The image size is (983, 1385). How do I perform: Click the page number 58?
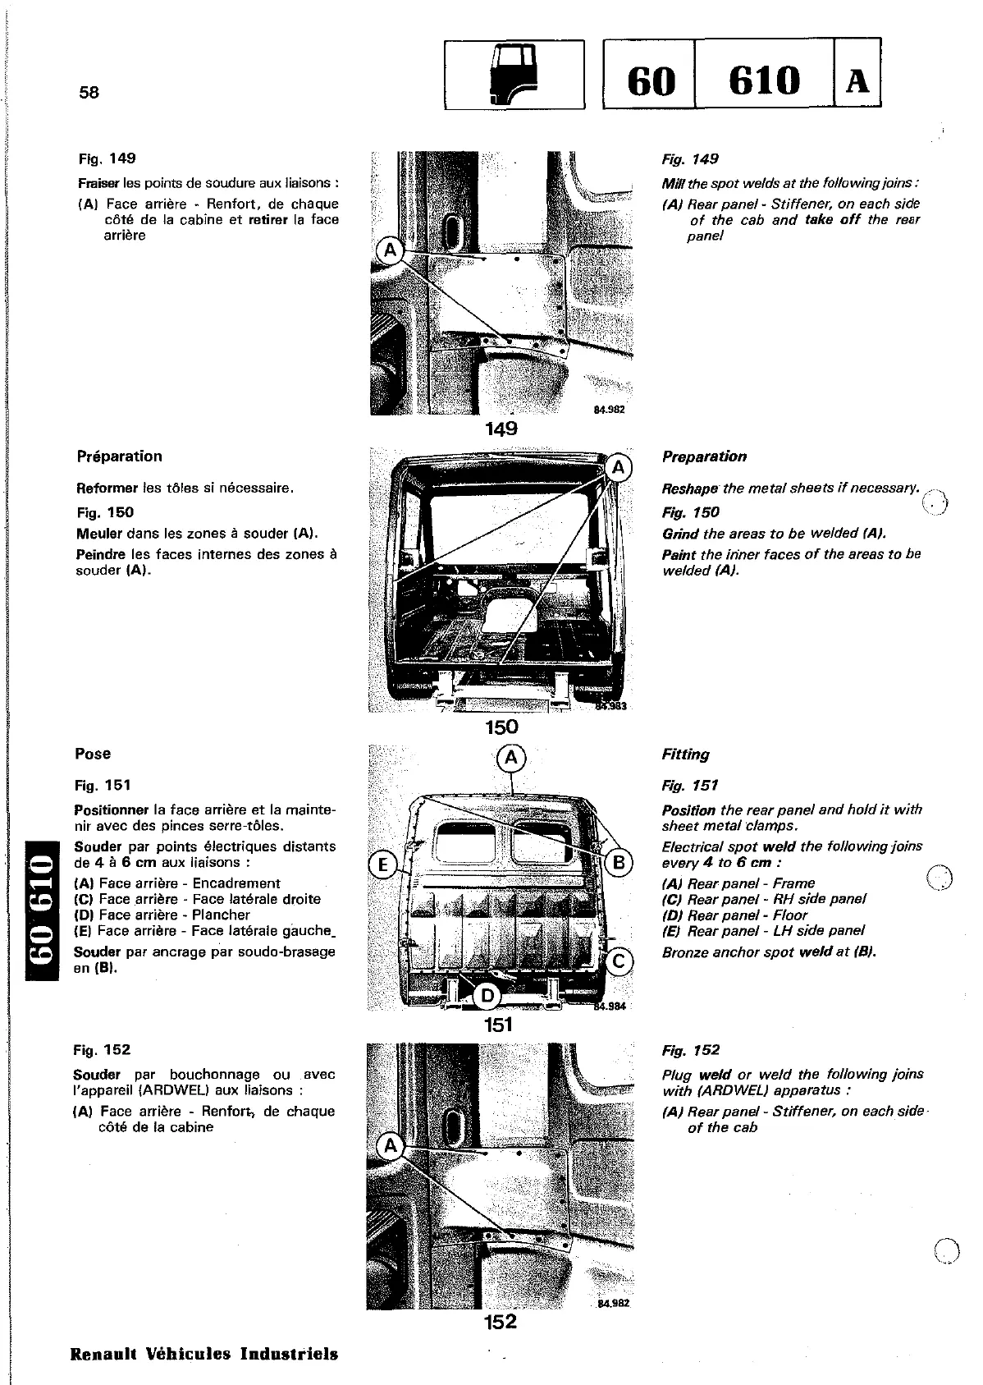tap(89, 92)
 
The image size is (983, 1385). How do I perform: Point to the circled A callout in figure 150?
tap(620, 468)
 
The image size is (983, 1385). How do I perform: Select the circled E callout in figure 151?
tap(382, 864)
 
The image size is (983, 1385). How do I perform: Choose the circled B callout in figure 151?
tap(619, 862)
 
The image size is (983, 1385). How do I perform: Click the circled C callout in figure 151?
tap(620, 962)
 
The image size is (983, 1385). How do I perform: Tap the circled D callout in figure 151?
tap(487, 996)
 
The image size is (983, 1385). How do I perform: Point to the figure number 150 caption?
tap(501, 727)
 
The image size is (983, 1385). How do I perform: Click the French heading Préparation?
tap(119, 456)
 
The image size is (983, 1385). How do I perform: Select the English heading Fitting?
tap(685, 754)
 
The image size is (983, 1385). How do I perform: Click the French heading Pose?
tap(93, 754)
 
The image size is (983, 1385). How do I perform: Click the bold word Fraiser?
tap(98, 183)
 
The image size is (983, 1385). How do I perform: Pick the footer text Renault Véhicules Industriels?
tap(204, 1354)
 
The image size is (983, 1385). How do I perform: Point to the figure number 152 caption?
tap(500, 1321)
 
